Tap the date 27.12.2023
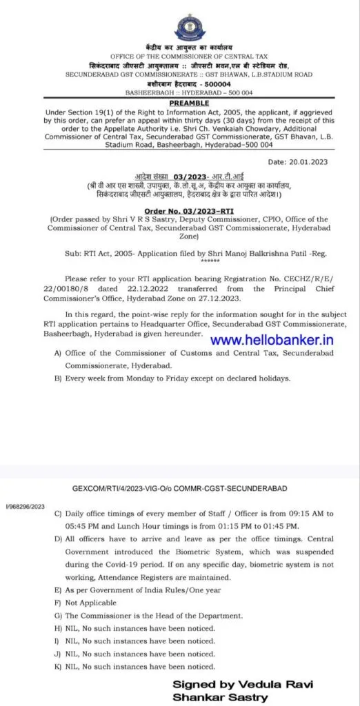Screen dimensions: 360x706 click(234, 299)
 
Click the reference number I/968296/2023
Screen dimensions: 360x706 click(25, 505)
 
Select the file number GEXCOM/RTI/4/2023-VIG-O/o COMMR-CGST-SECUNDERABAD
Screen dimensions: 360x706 click(180, 487)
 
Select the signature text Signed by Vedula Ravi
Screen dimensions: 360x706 click(243, 684)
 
